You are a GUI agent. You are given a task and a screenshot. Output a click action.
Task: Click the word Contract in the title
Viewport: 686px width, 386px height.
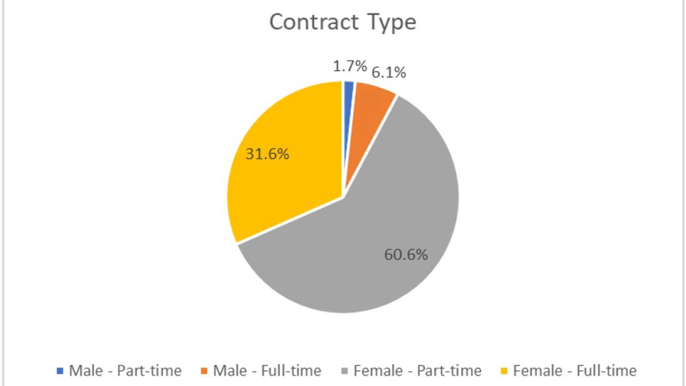(x=313, y=22)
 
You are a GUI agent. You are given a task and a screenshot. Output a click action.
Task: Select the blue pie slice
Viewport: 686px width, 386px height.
(x=348, y=107)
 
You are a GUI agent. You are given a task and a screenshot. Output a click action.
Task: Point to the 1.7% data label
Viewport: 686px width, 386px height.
(x=350, y=66)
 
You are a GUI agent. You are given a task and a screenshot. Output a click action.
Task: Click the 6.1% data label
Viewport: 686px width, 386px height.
(x=389, y=73)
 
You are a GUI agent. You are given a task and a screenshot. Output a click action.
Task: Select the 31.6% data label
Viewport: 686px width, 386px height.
(x=267, y=154)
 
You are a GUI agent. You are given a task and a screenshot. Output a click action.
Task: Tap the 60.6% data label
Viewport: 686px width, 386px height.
(x=406, y=255)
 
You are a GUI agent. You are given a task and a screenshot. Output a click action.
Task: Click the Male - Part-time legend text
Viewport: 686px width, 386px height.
(x=125, y=371)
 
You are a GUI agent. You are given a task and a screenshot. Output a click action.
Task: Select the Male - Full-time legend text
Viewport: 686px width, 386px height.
(x=267, y=371)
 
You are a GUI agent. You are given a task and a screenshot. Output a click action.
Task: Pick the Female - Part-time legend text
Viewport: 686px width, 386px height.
(x=417, y=371)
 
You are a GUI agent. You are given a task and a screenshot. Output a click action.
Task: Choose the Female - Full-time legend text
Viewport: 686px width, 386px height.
(x=575, y=371)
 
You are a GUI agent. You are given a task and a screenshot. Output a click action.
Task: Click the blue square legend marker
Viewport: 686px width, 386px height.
(x=60, y=371)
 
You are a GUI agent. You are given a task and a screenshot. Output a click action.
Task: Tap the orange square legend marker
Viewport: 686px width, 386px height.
(x=204, y=371)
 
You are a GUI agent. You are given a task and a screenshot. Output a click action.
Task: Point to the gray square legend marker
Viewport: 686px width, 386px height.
(x=345, y=371)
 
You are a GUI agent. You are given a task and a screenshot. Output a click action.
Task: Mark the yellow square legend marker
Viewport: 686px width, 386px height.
(x=504, y=371)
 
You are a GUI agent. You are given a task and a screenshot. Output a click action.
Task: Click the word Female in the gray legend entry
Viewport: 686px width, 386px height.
(x=378, y=371)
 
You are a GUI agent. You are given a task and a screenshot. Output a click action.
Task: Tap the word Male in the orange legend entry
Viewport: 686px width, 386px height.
(x=230, y=371)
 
